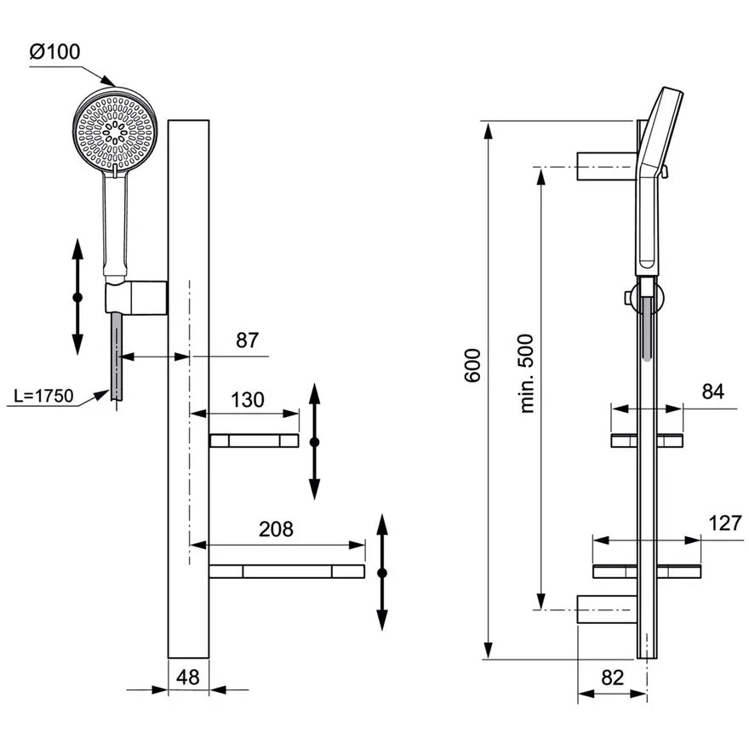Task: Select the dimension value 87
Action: (247, 340)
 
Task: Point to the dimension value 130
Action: (248, 399)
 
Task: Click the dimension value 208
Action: (276, 529)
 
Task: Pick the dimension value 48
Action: (188, 678)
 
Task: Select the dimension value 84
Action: (713, 392)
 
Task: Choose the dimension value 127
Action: (724, 523)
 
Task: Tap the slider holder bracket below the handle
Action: (136, 298)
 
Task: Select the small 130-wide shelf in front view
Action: (254, 440)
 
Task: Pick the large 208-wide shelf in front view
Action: (287, 571)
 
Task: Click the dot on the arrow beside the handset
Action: (77, 297)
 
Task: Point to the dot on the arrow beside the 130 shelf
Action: (314, 442)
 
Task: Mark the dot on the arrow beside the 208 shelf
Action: (382, 573)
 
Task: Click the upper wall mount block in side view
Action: (606, 166)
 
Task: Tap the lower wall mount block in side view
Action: (606, 609)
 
